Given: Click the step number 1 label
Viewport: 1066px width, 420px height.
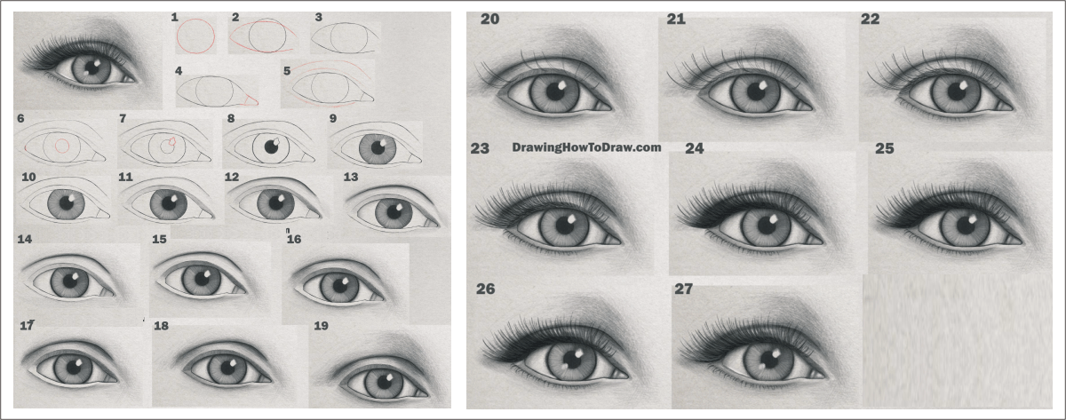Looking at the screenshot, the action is click(x=175, y=18).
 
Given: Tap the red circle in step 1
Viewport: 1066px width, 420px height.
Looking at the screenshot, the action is click(x=177, y=36).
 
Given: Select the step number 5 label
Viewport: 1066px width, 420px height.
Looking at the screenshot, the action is click(x=286, y=71).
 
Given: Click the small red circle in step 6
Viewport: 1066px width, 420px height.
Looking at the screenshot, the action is click(x=62, y=146).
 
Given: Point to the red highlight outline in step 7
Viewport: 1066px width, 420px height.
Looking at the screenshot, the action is click(x=172, y=141).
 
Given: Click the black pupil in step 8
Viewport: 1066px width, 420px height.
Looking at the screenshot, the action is click(x=271, y=147).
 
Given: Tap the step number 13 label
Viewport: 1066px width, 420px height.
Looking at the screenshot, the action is click(x=351, y=177).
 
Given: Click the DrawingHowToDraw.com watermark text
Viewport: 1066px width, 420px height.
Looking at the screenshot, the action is click(x=586, y=147).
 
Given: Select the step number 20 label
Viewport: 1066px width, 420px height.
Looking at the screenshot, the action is click(x=489, y=19).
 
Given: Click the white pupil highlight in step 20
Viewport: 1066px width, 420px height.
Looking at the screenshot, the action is click(x=561, y=85).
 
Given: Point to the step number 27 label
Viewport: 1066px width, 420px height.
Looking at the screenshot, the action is click(x=683, y=289).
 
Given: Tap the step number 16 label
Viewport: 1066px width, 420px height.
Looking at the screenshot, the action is click(x=294, y=239).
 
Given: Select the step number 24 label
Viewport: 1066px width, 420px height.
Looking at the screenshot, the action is click(x=695, y=148).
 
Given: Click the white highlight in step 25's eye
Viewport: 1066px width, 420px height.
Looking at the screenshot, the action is click(x=974, y=218).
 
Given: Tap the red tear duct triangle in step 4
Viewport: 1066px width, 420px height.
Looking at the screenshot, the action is click(x=251, y=99).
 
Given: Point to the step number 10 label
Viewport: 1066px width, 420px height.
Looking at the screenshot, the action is click(x=28, y=177).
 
